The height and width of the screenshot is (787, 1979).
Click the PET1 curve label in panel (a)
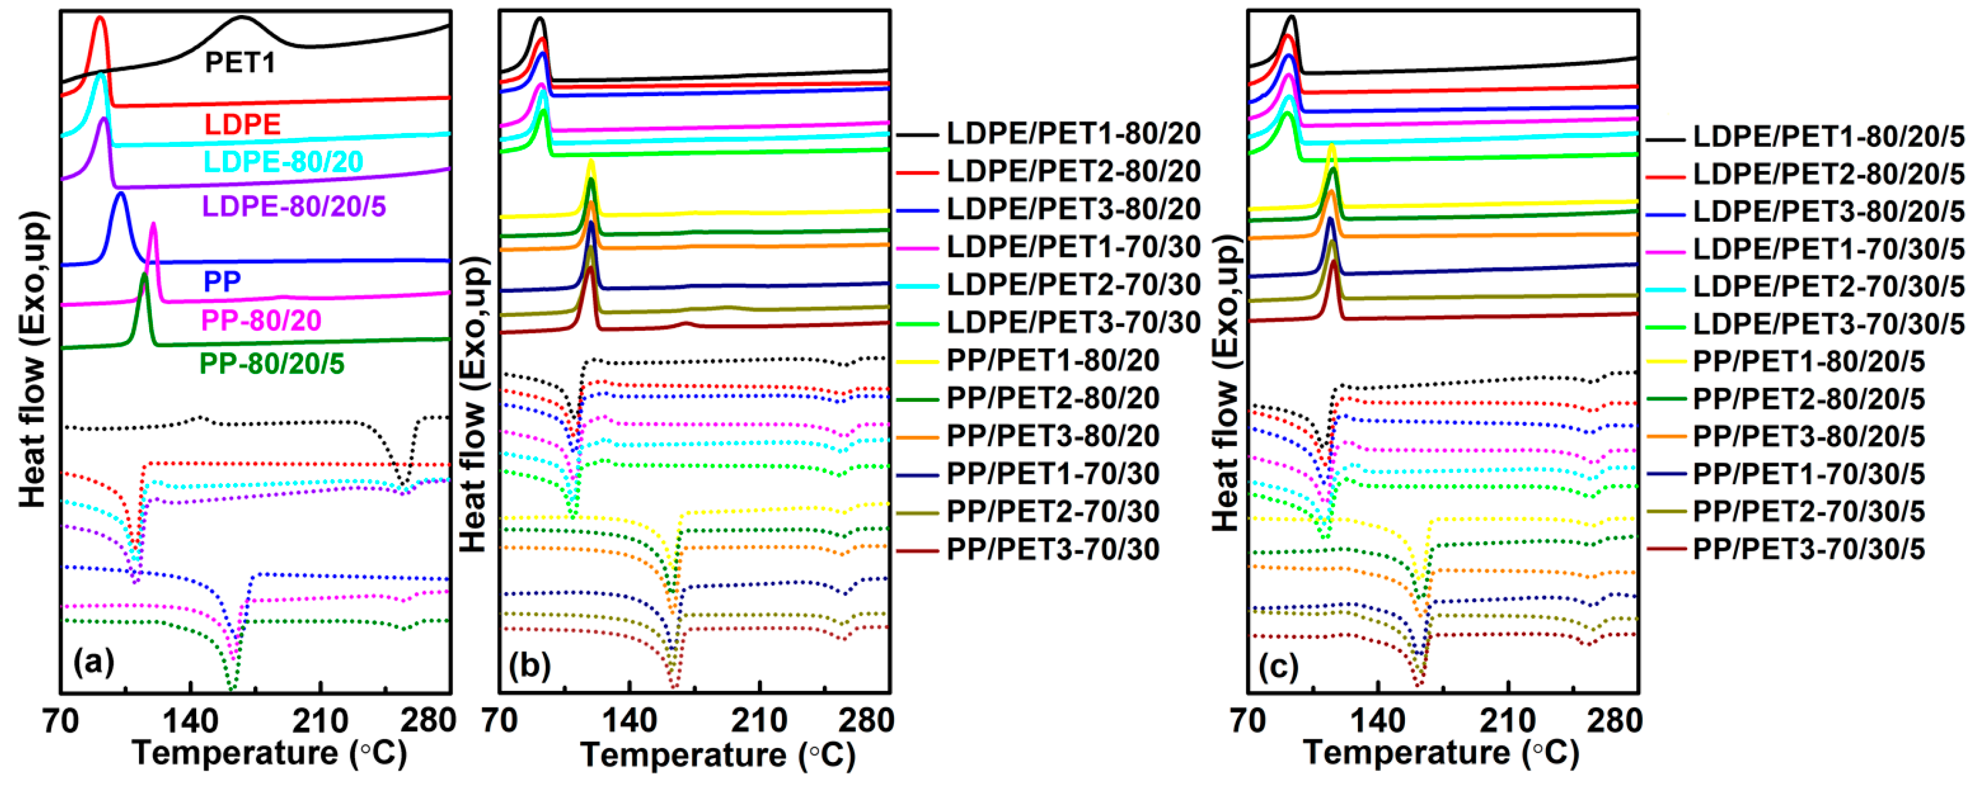(239, 62)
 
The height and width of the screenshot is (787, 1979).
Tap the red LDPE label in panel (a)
(242, 123)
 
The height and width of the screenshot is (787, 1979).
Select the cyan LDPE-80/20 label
(283, 161)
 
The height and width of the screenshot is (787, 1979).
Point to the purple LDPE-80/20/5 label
(293, 206)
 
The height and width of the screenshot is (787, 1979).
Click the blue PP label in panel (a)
(222, 281)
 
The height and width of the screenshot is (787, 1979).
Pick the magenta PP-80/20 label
(260, 320)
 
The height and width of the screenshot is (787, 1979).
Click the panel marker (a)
(93, 660)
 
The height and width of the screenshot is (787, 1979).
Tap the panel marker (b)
(529, 665)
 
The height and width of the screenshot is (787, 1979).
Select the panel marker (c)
(1278, 666)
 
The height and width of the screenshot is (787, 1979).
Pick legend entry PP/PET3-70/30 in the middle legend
(1053, 549)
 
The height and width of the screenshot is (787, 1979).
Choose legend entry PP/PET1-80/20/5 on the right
(1808, 361)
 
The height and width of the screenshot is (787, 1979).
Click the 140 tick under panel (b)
(629, 720)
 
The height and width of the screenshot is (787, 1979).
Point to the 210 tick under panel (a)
(320, 720)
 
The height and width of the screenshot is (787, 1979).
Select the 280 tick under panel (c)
(1615, 720)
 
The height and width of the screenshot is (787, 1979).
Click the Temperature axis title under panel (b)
(717, 755)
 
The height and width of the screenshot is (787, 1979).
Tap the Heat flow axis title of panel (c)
(1227, 384)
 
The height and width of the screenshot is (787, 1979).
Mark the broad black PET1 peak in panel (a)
(242, 17)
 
